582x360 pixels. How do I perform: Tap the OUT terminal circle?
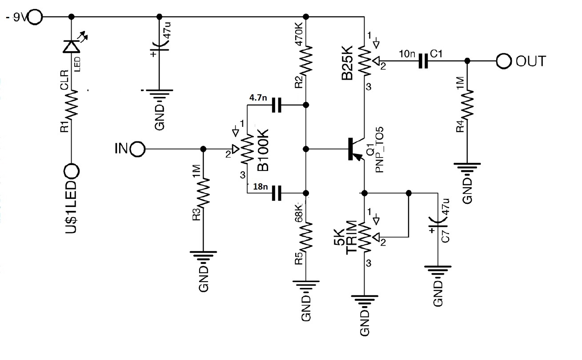pyautogui.click(x=504, y=61)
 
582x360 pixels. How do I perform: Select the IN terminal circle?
pyautogui.click(x=138, y=149)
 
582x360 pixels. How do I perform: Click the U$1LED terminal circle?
pyautogui.click(x=71, y=170)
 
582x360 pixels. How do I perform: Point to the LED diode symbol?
pyautogui.click(x=71, y=46)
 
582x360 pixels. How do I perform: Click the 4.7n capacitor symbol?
pyautogui.click(x=277, y=105)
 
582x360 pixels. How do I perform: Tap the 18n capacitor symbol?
pyautogui.click(x=277, y=193)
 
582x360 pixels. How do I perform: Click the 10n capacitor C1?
pyautogui.click(x=423, y=61)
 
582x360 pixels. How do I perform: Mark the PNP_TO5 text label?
pyautogui.click(x=380, y=151)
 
